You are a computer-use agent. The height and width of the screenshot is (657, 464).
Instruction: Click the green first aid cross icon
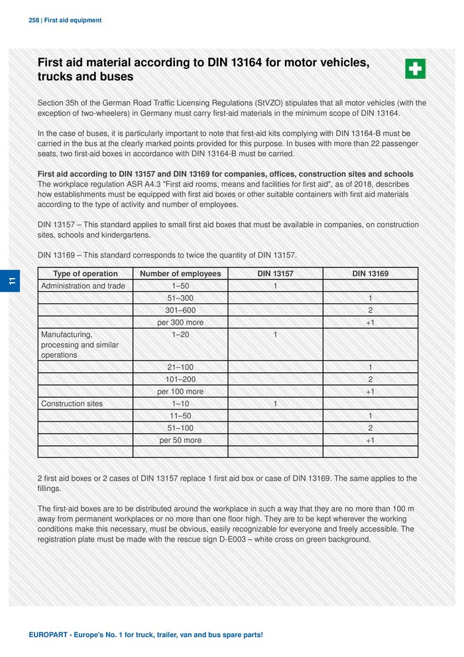tap(415, 68)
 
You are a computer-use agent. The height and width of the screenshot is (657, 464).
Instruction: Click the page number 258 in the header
tap(34, 21)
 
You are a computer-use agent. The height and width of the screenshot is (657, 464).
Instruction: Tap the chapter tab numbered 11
tap(12, 281)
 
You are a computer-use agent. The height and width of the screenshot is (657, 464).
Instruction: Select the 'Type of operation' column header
tap(86, 273)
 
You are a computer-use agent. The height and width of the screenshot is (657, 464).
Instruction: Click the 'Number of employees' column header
tap(180, 273)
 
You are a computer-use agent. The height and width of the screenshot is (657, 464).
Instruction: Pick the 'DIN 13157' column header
tap(275, 273)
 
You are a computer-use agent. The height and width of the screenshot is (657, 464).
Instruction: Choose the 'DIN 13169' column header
tap(370, 273)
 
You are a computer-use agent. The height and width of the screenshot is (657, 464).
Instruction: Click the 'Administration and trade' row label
tap(83, 286)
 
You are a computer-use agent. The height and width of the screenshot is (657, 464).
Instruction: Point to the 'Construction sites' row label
tap(72, 403)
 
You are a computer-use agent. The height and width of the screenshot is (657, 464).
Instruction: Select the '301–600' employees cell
tap(180, 310)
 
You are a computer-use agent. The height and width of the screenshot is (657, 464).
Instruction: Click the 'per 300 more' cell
tap(180, 323)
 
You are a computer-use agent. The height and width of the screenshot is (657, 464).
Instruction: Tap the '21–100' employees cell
tap(180, 367)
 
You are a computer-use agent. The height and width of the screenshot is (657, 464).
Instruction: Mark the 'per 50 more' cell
tap(180, 440)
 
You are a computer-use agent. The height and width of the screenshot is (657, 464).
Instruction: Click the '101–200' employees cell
tap(180, 380)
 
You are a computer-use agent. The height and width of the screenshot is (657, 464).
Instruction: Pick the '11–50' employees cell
tap(180, 416)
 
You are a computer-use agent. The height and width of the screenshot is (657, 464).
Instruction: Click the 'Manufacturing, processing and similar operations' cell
tap(80, 344)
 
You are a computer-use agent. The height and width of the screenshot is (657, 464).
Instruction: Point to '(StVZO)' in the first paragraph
tap(272, 104)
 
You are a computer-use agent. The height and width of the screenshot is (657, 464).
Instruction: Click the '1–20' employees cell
tap(180, 334)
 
